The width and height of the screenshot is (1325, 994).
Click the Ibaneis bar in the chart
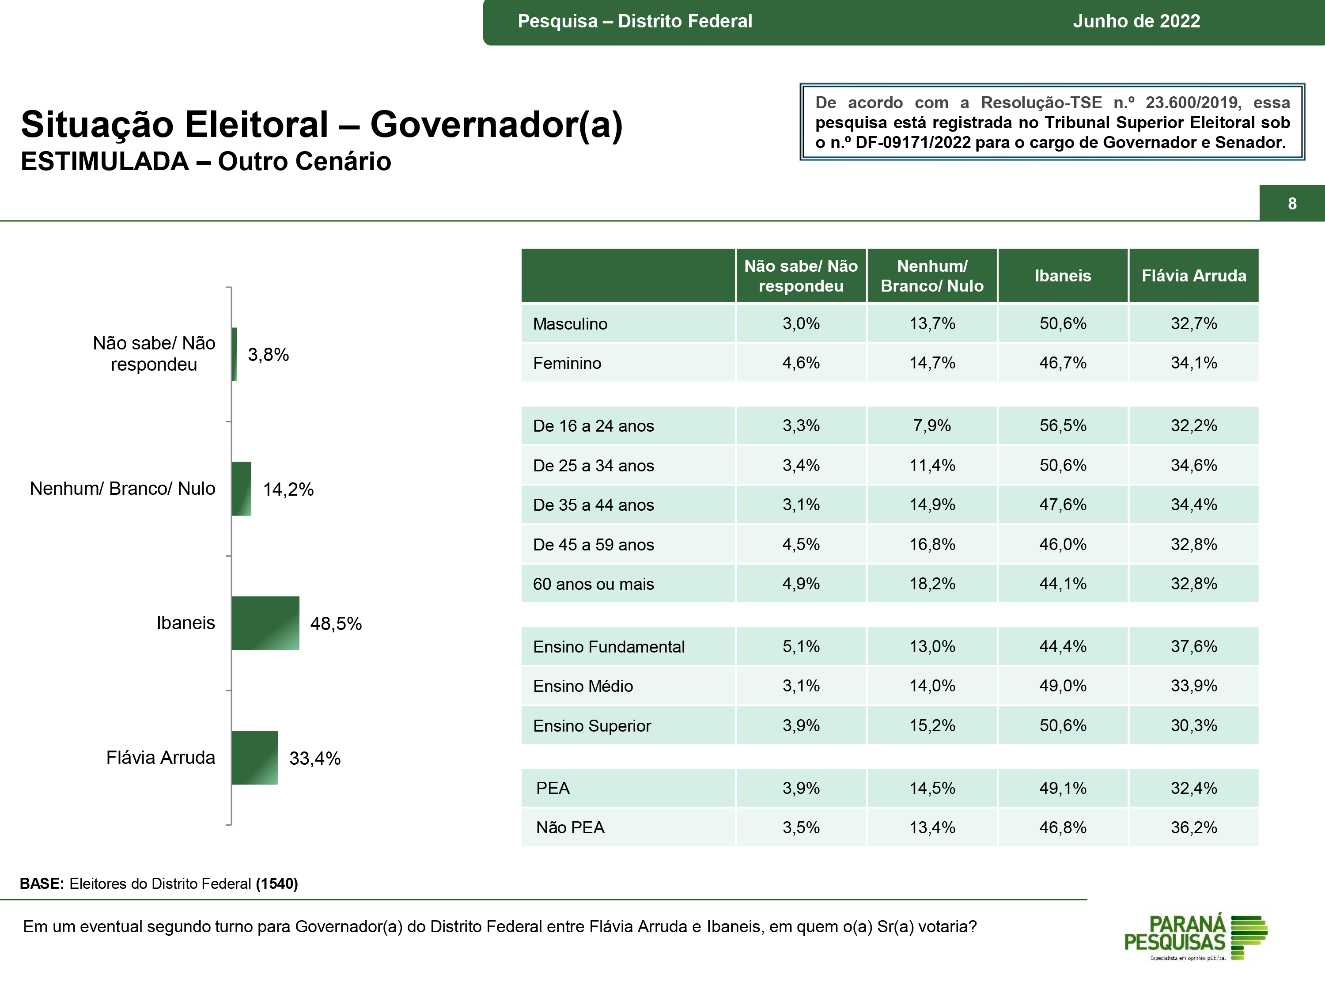point(265,623)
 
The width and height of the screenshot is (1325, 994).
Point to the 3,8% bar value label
point(269,355)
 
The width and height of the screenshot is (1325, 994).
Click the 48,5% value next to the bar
point(335,624)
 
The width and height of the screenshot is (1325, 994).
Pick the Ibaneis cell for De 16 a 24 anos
point(1063,425)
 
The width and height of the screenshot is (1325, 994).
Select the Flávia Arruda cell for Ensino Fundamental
point(1193,646)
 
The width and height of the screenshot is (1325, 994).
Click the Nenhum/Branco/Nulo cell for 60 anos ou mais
point(931,584)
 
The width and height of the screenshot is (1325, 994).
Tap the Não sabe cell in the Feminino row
point(801,363)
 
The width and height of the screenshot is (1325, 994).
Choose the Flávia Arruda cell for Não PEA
point(1193,827)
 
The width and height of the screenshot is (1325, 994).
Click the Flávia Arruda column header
point(1193,276)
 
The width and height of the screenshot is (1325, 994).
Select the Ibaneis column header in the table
point(1063,276)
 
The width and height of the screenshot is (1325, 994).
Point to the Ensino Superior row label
point(592,725)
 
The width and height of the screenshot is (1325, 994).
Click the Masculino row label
point(570,323)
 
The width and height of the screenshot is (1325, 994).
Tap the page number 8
point(1292,204)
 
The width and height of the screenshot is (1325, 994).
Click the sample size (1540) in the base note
point(277,884)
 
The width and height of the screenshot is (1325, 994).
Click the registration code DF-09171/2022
point(913,143)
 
